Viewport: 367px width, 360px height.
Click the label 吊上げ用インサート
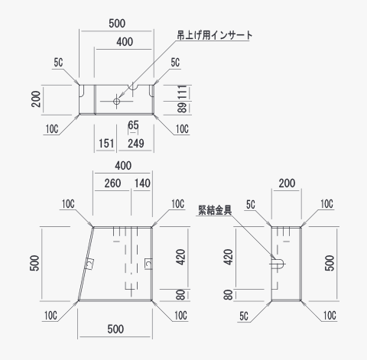point(215,35)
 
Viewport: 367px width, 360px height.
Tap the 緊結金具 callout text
point(215,210)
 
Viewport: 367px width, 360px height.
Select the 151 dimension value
point(106,143)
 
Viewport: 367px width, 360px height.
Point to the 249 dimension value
point(136,144)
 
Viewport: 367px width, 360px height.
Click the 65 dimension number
point(133,125)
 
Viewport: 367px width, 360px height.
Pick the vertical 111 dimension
point(183,92)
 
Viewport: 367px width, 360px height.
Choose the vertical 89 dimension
point(182,108)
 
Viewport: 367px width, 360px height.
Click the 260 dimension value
point(112,183)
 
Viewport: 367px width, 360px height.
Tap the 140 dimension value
point(142,183)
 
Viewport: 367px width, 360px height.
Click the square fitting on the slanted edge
point(89,264)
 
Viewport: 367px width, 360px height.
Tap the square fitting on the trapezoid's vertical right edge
point(148,264)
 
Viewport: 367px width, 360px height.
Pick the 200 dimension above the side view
point(287,183)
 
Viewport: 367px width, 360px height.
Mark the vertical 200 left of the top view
point(36,99)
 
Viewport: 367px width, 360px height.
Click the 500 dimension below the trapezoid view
point(115,329)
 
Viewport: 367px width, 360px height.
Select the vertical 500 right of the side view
point(330,263)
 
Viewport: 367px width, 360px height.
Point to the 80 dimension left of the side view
point(229,295)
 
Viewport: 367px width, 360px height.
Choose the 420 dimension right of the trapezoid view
point(180,257)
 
